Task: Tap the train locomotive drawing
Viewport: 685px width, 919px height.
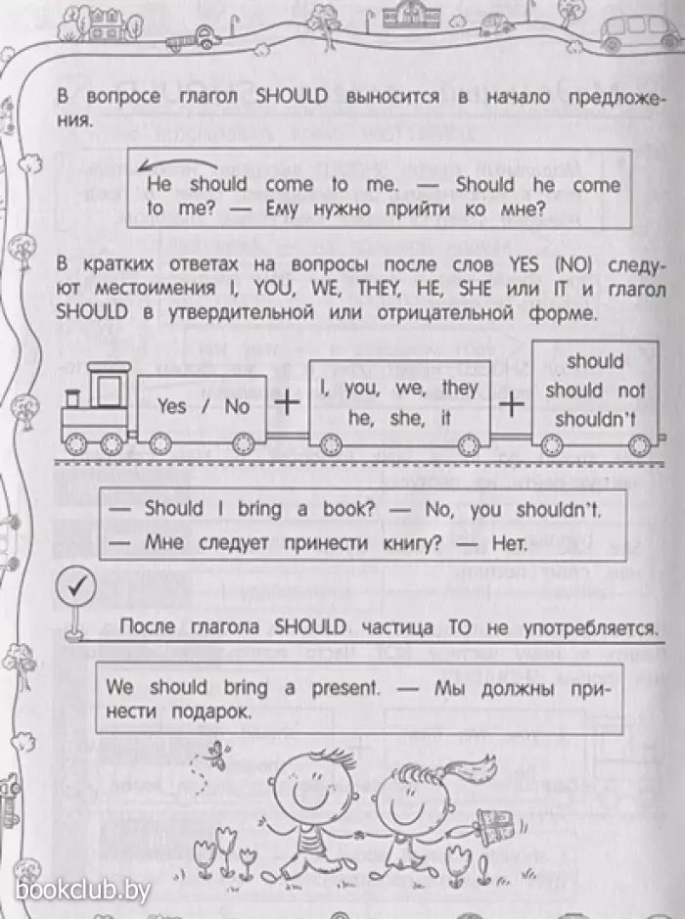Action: tap(95, 409)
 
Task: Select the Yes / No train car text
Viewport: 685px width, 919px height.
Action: tap(203, 406)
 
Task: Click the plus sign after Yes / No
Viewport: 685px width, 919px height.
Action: tap(287, 402)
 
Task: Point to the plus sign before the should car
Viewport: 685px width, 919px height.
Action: tap(511, 404)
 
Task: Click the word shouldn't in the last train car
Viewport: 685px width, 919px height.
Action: tap(595, 419)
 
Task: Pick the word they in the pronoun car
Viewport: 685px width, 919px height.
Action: tap(460, 388)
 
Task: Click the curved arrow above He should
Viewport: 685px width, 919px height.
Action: tap(177, 164)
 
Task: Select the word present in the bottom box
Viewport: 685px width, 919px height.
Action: tap(345, 688)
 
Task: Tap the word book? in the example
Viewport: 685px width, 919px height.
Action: tap(348, 509)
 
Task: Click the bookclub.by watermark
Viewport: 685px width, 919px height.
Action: tap(82, 891)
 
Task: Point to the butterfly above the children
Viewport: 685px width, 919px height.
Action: tap(218, 755)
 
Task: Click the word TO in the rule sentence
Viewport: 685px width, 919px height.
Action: tap(460, 627)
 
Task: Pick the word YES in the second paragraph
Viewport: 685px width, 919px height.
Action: tap(525, 265)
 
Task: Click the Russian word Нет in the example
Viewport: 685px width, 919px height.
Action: tap(510, 544)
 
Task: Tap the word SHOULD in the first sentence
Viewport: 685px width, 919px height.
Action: tap(292, 97)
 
